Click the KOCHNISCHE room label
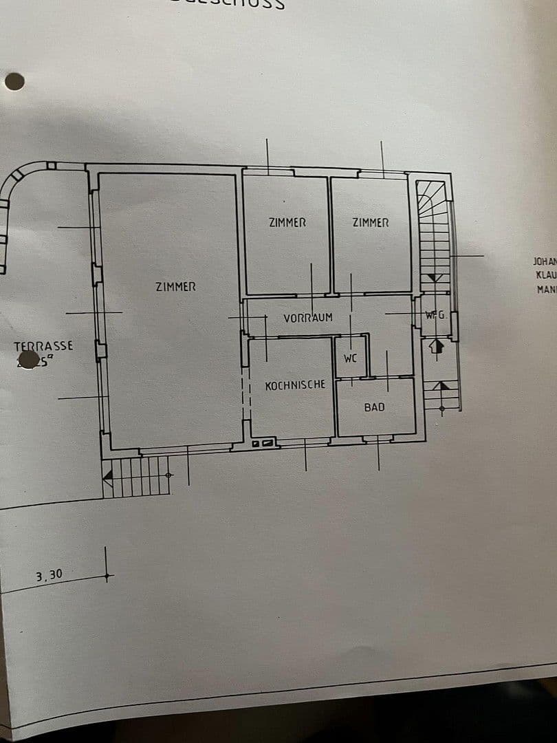tap(295, 385)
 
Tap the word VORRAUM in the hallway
tap(308, 318)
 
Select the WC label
tap(350, 358)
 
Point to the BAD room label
tap(374, 407)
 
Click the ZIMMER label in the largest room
tap(175, 286)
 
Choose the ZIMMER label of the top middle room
tap(287, 223)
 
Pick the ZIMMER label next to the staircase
tap(371, 223)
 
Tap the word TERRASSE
tap(43, 346)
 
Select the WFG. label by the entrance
tap(435, 316)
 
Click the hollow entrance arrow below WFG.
tap(435, 346)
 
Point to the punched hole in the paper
tap(14, 82)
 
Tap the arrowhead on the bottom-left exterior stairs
tap(107, 475)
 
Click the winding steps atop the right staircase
tap(433, 195)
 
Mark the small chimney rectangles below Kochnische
tap(265, 444)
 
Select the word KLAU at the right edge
tap(546, 275)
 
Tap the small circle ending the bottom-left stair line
tap(170, 475)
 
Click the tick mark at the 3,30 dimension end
tap(106, 575)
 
